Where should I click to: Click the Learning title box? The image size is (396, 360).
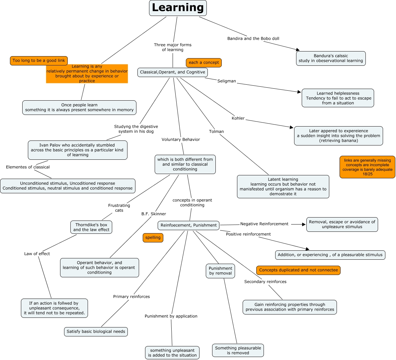178,8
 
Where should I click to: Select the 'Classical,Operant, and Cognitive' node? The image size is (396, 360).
173,72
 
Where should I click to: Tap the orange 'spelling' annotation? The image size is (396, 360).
153,237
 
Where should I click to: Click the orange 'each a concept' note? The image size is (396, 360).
203,63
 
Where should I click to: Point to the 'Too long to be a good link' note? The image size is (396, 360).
39,61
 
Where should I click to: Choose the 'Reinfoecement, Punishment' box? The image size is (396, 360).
189,225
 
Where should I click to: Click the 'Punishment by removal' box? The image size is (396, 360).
220,271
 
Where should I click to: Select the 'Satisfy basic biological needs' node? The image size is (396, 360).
96,331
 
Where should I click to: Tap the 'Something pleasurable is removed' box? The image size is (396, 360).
238,350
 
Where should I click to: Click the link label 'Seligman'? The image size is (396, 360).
226,81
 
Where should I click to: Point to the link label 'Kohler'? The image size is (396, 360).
238,118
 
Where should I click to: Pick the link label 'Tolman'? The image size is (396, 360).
216,132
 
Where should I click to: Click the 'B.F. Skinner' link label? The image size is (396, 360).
154,214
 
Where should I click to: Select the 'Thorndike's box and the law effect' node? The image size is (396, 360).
91,227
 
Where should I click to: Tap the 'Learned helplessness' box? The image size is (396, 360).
338,98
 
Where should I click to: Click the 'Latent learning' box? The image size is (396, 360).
283,187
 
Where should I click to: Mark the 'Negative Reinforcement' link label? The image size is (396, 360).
264,224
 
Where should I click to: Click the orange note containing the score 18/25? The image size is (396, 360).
367,167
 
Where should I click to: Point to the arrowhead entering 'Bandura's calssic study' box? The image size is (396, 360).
298,50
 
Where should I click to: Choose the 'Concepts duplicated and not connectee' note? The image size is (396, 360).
298,270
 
